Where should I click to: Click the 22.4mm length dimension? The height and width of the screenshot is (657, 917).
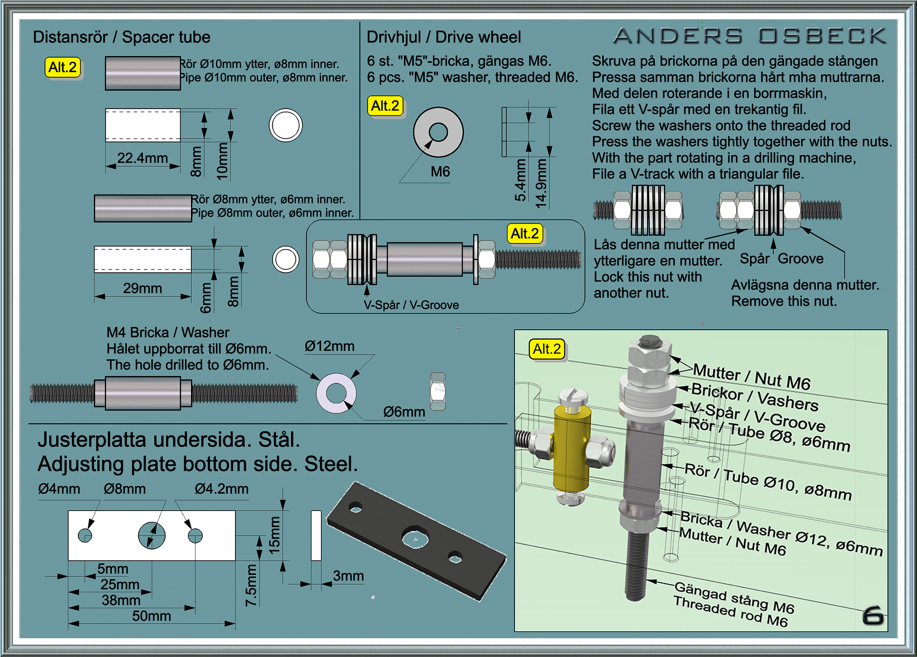pos(142,158)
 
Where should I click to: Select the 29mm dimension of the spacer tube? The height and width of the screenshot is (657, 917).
pos(142,289)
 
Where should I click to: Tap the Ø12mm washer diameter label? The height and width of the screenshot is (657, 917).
pos(329,346)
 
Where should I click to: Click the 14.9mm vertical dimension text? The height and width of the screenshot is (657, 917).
pos(541,183)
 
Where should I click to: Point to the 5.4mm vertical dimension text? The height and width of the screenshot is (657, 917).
pos(520,180)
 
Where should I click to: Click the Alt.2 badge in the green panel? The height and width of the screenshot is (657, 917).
pos(547,349)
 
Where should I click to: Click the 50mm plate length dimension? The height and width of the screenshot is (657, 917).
pos(151,616)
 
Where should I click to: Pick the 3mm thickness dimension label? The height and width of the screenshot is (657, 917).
pos(348,576)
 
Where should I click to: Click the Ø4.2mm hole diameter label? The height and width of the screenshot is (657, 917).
pos(222,489)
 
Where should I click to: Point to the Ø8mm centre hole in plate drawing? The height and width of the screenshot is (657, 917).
pos(152,535)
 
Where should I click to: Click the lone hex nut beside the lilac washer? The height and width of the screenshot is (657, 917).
pos(437,391)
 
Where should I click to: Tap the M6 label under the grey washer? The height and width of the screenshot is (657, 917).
pos(440,172)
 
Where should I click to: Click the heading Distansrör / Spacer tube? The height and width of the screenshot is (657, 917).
pos(121,37)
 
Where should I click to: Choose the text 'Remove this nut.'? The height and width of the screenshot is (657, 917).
pos(784,301)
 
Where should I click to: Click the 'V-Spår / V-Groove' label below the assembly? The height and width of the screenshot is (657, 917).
pos(411,305)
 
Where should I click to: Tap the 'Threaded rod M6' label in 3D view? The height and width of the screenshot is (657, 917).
pos(730,612)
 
